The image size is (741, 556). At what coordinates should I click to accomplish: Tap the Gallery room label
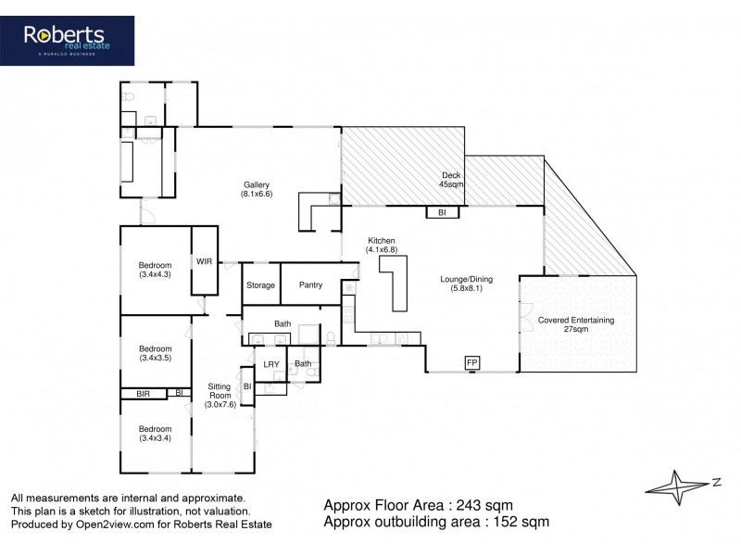[x=256, y=190]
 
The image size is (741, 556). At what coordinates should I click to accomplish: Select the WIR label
[x=204, y=261]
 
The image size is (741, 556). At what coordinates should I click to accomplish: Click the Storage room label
[x=260, y=285]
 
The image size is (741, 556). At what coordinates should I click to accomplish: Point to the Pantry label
[x=310, y=285]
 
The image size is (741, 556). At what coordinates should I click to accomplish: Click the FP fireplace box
[x=472, y=362]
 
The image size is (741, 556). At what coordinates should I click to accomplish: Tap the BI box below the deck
[x=442, y=212]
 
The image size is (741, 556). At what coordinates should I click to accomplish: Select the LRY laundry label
[x=271, y=364]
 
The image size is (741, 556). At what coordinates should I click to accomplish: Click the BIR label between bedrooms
[x=144, y=394]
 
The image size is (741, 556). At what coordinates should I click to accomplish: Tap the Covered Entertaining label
[x=576, y=324]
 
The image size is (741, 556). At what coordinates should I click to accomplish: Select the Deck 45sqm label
[x=451, y=180]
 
